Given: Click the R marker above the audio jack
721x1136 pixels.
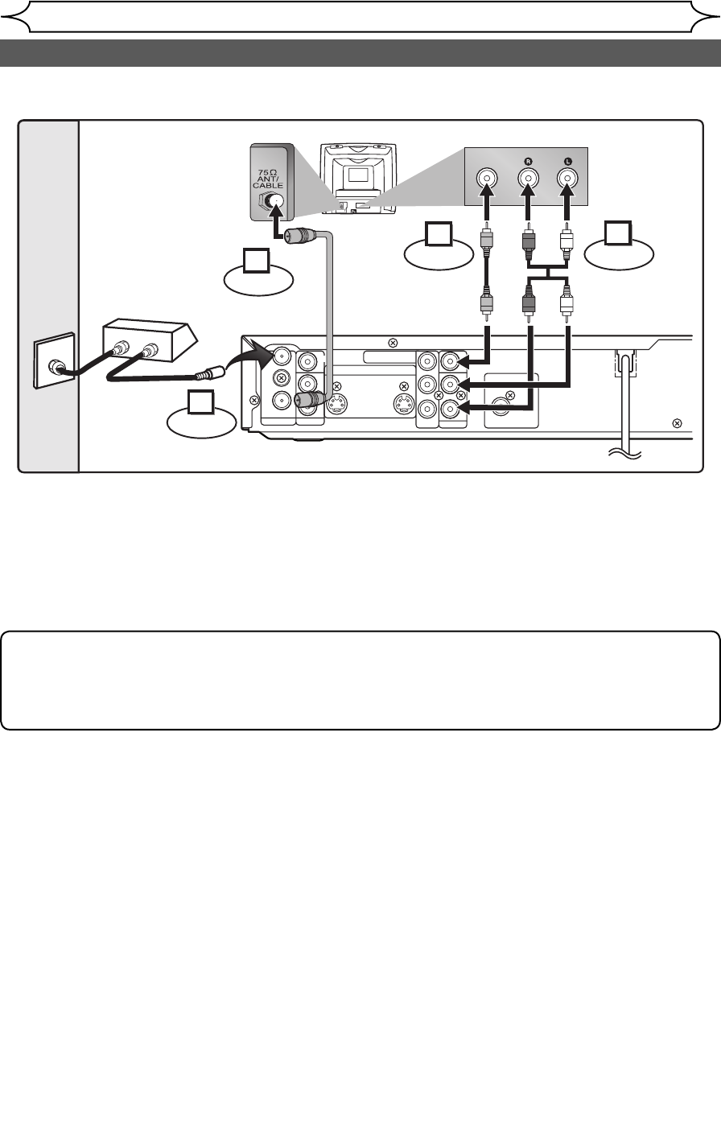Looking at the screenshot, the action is click(527, 160).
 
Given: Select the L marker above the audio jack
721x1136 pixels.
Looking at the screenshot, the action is click(567, 160).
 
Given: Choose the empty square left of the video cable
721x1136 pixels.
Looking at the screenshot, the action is click(438, 235).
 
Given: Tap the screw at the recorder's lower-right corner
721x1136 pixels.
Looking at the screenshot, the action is click(677, 423).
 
